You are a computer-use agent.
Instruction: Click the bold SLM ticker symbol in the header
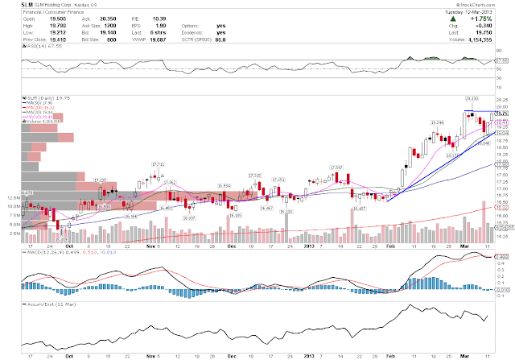[14, 6]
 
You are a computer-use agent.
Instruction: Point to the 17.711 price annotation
[157, 164]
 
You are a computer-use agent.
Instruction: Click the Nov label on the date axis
[149, 242]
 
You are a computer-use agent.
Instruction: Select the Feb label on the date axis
[389, 242]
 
